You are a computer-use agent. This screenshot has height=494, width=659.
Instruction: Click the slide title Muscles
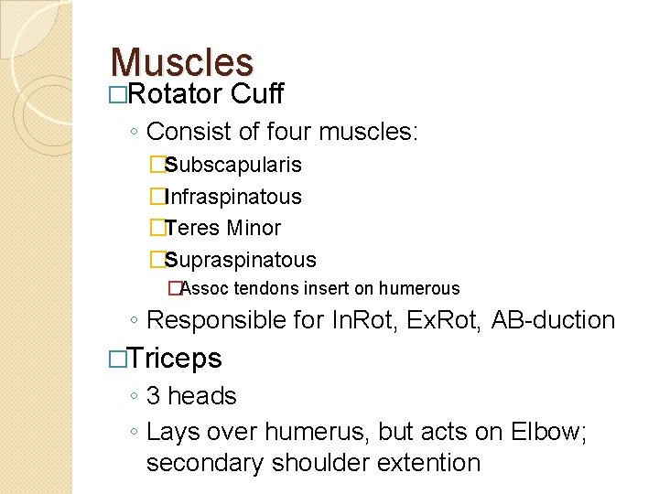point(181,62)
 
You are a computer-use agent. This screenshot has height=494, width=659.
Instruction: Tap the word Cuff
point(257,93)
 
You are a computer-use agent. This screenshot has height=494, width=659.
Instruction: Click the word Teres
point(194,228)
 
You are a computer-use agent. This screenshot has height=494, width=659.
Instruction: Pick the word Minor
point(254,228)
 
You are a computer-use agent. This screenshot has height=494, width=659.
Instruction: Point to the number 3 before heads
point(153,396)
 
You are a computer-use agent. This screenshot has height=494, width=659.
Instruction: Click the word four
point(290,133)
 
